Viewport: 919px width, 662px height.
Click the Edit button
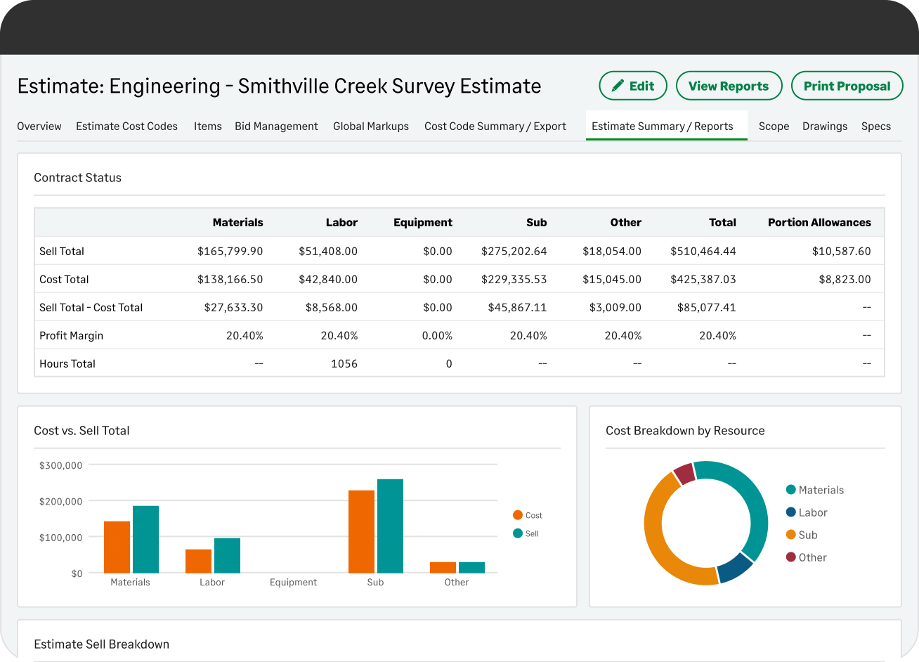[633, 86]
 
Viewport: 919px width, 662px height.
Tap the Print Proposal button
[847, 86]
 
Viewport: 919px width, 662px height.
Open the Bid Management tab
[276, 126]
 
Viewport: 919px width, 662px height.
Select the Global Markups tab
[370, 126]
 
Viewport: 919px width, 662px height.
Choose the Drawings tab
[824, 126]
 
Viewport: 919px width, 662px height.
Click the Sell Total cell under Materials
[230, 251]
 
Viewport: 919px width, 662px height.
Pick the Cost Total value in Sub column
[514, 279]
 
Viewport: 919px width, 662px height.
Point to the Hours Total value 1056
[344, 363]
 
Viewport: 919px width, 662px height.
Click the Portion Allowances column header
[819, 222]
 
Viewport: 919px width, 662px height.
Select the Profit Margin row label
[71, 335]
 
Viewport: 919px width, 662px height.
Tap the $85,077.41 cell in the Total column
[703, 307]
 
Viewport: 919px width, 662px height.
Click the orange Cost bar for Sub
[361, 532]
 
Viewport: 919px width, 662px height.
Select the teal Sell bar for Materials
[145, 540]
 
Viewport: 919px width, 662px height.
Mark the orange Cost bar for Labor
[198, 561]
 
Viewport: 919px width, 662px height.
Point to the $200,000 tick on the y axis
[61, 501]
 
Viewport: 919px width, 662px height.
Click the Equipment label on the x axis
[293, 582]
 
